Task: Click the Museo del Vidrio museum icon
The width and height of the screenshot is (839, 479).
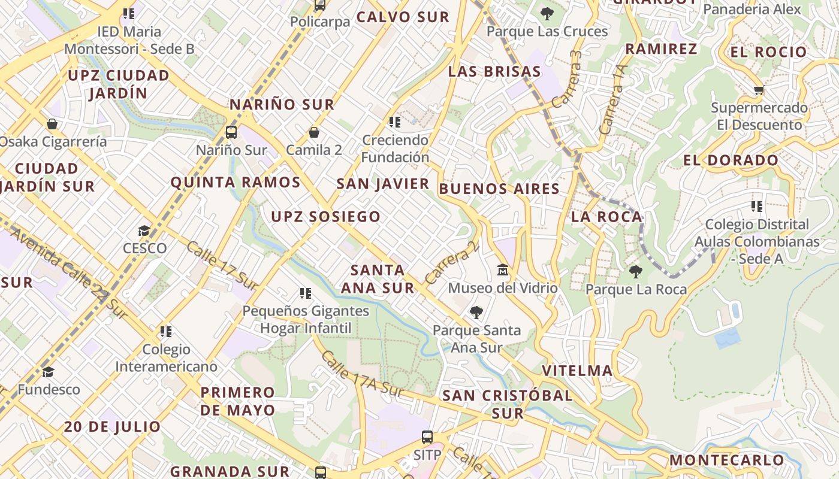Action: pyautogui.click(x=503, y=270)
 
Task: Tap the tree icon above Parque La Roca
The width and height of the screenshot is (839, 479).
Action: pyautogui.click(x=636, y=272)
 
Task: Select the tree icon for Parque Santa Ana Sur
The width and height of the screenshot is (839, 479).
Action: pyautogui.click(x=476, y=312)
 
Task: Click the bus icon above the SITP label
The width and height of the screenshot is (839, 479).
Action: pyautogui.click(x=427, y=437)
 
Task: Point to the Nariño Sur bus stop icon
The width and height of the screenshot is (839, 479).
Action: pyautogui.click(x=231, y=132)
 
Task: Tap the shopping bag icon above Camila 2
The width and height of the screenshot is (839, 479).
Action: pyautogui.click(x=314, y=132)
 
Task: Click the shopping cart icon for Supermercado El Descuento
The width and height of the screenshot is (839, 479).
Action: pyautogui.click(x=759, y=90)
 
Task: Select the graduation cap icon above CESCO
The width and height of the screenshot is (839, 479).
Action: pyautogui.click(x=144, y=231)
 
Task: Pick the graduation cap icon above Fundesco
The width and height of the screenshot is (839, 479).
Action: pyautogui.click(x=48, y=372)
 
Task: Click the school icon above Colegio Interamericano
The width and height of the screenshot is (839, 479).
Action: pyautogui.click(x=166, y=331)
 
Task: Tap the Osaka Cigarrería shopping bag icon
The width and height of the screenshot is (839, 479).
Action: pyautogui.click(x=52, y=124)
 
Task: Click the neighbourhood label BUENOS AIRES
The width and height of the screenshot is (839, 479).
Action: pyautogui.click(x=499, y=189)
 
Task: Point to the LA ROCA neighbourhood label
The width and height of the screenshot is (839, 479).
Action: pyautogui.click(x=606, y=217)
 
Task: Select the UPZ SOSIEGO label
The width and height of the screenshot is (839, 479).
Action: pyautogui.click(x=326, y=217)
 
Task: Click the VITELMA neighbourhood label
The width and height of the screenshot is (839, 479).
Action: pyautogui.click(x=577, y=371)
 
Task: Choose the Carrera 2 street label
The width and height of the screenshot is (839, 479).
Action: pyautogui.click(x=452, y=262)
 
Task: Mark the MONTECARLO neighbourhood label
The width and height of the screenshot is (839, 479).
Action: pyautogui.click(x=726, y=460)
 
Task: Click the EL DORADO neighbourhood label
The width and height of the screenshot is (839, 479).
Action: pyautogui.click(x=731, y=160)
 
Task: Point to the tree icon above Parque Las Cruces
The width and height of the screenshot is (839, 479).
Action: pyautogui.click(x=547, y=13)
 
